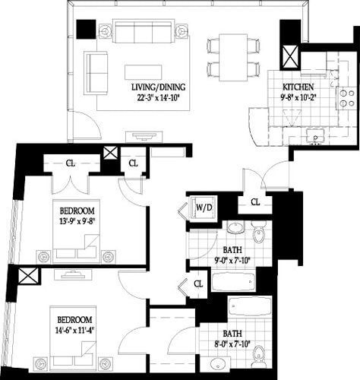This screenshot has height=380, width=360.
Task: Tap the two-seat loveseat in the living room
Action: coord(96,69)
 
